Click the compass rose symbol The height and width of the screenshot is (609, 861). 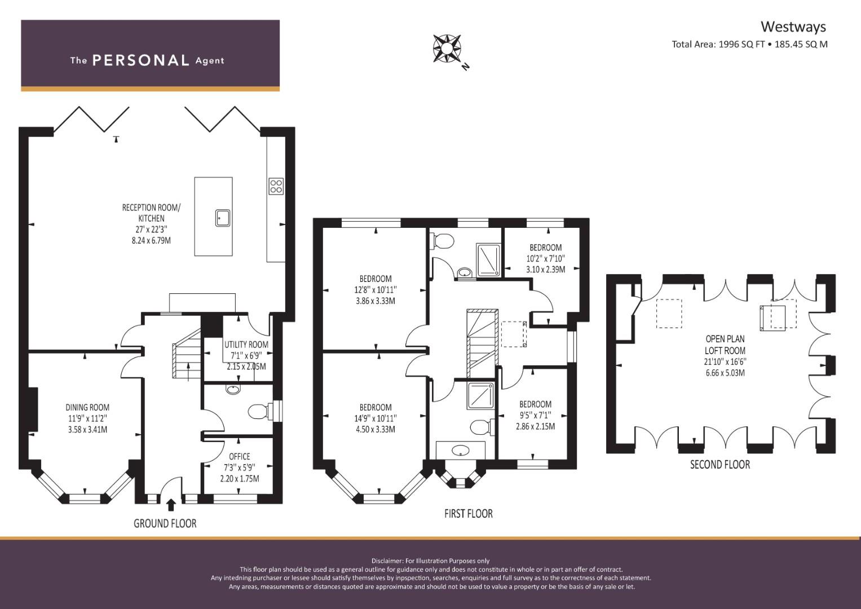tap(447, 48)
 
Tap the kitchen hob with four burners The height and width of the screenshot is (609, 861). tap(276, 186)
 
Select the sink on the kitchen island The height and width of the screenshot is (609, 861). tap(223, 218)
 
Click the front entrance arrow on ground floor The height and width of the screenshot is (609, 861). tap(171, 505)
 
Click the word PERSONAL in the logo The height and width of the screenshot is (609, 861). tap(141, 60)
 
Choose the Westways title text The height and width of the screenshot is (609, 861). tap(793, 27)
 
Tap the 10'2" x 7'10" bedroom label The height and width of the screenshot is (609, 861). tap(545, 258)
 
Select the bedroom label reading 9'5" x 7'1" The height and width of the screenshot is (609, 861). tap(536, 415)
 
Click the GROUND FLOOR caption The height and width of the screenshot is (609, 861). tap(165, 523)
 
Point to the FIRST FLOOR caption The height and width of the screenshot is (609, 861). tap(468, 514)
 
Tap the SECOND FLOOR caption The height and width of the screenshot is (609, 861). tap(720, 465)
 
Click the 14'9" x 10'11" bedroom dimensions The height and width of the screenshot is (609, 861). tap(376, 418)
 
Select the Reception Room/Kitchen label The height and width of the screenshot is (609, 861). tap(151, 224)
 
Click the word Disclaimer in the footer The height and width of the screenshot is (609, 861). tap(387, 561)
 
